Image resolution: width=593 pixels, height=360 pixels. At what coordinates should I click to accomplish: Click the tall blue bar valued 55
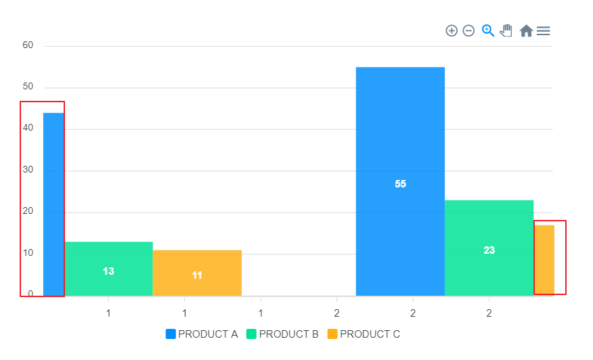[x=400, y=181]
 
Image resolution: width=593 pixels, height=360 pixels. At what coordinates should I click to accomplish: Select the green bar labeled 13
[x=108, y=269]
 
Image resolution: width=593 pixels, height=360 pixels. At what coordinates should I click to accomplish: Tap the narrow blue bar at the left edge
[x=53, y=204]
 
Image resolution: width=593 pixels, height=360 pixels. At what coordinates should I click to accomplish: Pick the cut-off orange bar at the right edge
[x=544, y=260]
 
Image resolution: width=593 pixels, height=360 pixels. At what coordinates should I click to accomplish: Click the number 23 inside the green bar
[x=489, y=250]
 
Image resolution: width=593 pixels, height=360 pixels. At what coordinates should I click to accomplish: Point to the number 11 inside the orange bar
[x=197, y=275]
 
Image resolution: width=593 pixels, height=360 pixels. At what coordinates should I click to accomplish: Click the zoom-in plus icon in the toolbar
[x=452, y=30]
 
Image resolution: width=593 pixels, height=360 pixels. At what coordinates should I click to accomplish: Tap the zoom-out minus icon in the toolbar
[x=468, y=30]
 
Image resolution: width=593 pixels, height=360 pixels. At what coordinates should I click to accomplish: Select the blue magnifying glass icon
[x=488, y=30]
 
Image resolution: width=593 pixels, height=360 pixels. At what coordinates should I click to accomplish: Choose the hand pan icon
[x=506, y=30]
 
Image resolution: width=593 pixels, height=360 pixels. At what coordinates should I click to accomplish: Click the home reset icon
[x=526, y=30]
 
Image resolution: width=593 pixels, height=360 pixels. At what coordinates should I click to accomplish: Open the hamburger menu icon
[x=543, y=30]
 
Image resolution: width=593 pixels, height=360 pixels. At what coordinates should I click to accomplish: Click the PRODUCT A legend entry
[x=202, y=334]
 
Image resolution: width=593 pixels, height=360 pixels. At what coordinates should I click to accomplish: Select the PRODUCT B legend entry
[x=282, y=334]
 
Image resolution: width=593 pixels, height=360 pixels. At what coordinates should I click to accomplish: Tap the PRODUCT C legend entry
[x=364, y=334]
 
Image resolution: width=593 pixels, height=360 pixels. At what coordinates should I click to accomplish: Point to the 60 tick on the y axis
[x=28, y=45]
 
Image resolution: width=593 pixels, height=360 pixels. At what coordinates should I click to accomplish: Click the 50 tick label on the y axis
[x=28, y=87]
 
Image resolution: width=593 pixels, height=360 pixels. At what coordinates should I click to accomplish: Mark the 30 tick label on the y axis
[x=28, y=171]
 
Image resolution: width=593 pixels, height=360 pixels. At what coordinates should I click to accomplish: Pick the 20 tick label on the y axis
[x=28, y=212]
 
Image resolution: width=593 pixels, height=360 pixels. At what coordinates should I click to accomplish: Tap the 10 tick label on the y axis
[x=28, y=253]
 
